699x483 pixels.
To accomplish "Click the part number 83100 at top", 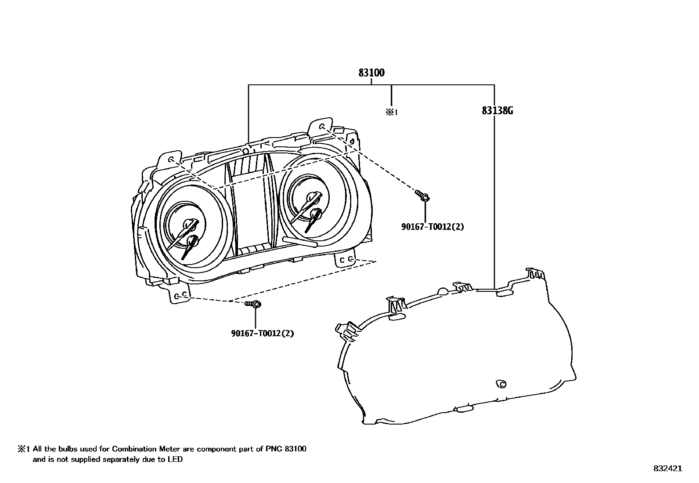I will coord(371,73).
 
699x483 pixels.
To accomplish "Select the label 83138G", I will coord(497,111).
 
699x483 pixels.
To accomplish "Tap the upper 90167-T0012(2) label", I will coord(432,227).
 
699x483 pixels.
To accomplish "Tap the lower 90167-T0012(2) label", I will coord(263,333).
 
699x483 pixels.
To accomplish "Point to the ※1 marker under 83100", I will coord(391,112).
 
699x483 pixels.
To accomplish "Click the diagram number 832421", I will coord(667,468).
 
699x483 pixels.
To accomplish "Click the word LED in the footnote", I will coord(176,460).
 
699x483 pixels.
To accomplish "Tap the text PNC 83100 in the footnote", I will coord(286,449).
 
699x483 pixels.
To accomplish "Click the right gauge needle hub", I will coord(314,214).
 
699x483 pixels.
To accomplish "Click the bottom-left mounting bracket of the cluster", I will coord(179,296).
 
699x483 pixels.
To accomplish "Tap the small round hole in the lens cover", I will coord(501,384).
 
